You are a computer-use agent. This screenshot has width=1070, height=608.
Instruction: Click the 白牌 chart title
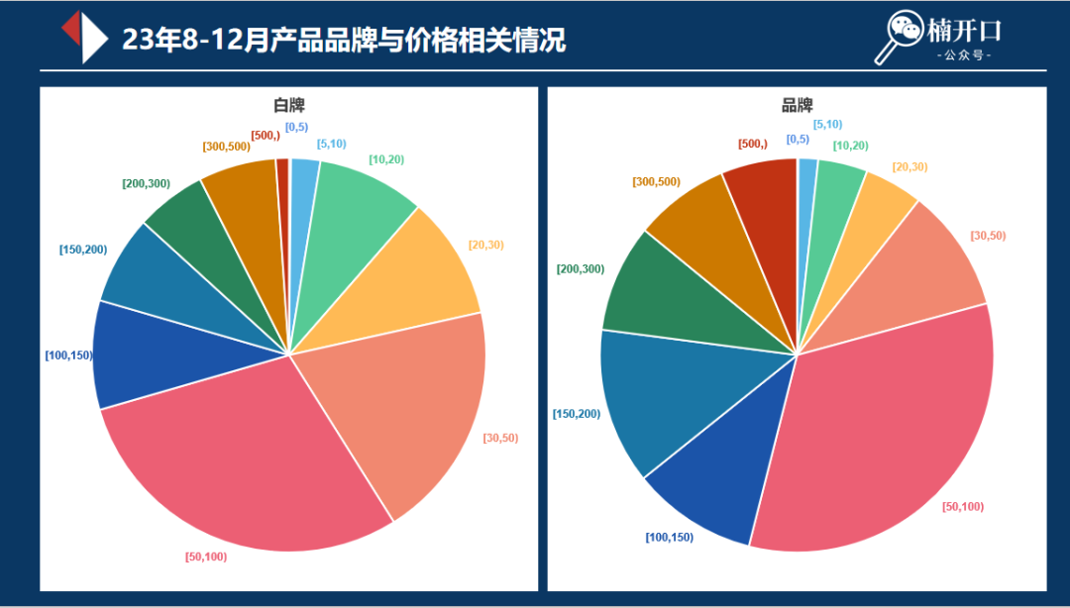(289, 105)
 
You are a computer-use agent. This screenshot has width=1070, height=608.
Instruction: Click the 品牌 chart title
(797, 105)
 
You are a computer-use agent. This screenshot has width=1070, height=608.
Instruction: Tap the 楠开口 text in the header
(964, 30)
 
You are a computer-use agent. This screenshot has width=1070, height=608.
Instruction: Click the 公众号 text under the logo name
(964, 55)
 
